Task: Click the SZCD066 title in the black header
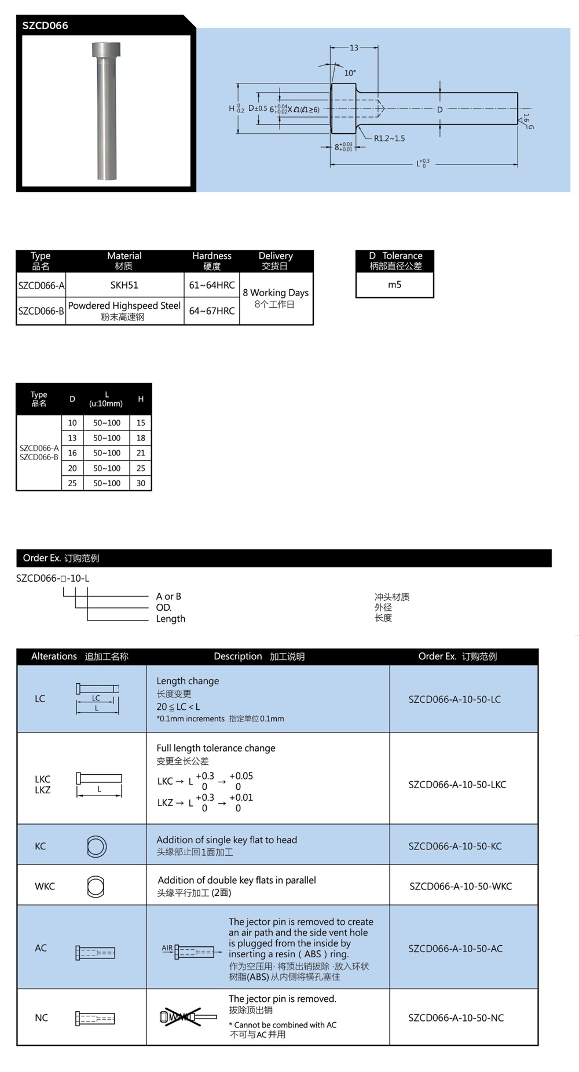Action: tap(45, 25)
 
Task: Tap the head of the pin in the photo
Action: tap(106, 50)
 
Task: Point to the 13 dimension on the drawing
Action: tap(354, 48)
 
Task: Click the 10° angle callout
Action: tap(350, 73)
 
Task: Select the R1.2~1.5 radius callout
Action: tap(389, 138)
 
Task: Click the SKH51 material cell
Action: tap(124, 285)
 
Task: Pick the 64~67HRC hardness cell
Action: tap(212, 311)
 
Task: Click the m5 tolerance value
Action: tap(394, 285)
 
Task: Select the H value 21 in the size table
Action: tap(141, 453)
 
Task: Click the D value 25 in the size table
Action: tap(72, 483)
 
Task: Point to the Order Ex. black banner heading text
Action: tap(61, 558)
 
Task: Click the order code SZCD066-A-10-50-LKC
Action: tap(457, 785)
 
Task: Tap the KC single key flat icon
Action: tap(96, 846)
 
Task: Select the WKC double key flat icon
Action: tap(96, 887)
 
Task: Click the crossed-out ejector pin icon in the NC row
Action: tap(180, 1017)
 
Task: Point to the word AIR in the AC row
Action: tap(167, 948)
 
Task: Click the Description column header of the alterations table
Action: tap(259, 657)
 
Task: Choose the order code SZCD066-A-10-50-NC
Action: tap(456, 1018)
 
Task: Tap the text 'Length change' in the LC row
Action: tap(188, 681)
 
